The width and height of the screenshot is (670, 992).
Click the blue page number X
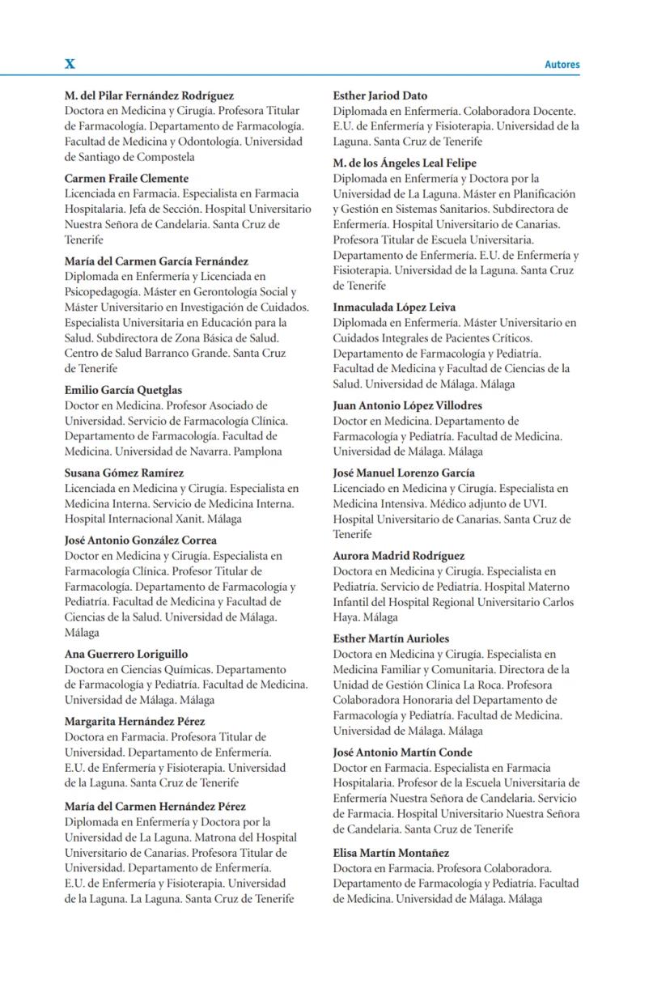(x=70, y=64)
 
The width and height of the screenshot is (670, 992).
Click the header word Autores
(x=562, y=65)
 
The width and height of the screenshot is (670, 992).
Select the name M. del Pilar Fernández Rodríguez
(x=149, y=95)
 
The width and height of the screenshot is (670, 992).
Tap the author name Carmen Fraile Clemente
(x=126, y=179)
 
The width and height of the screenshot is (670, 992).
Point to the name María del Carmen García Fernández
(x=156, y=261)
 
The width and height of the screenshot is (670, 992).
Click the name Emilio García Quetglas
(x=123, y=390)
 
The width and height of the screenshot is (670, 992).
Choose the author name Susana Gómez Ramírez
(x=124, y=473)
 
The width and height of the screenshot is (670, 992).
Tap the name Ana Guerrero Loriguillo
(x=126, y=654)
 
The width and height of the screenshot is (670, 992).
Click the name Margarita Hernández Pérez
(x=134, y=722)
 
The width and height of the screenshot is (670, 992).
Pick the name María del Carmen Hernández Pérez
(x=155, y=807)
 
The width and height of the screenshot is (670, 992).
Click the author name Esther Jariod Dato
(x=380, y=95)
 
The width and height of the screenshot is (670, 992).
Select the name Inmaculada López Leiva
(x=394, y=307)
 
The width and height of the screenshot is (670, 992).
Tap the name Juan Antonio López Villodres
(x=407, y=405)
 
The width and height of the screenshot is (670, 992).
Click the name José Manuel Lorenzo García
(x=404, y=473)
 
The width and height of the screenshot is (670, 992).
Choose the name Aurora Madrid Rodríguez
(x=398, y=556)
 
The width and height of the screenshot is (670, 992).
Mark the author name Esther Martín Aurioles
(x=391, y=638)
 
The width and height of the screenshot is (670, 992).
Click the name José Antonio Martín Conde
(x=402, y=752)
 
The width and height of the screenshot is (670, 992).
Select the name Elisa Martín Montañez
(x=391, y=853)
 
